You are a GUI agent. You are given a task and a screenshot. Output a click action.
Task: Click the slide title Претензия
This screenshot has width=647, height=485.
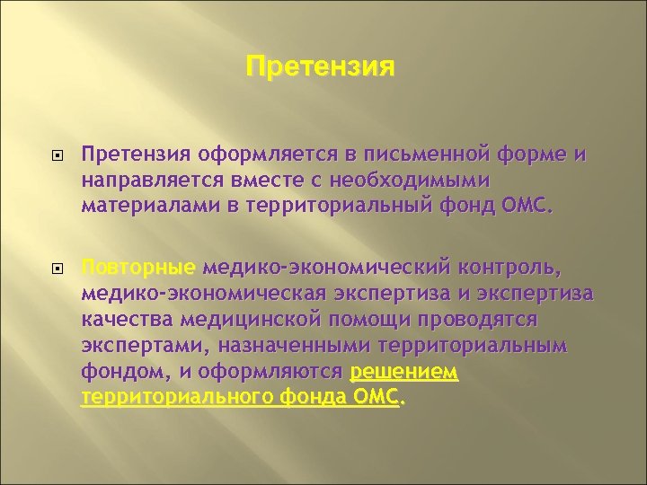pos(319,67)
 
